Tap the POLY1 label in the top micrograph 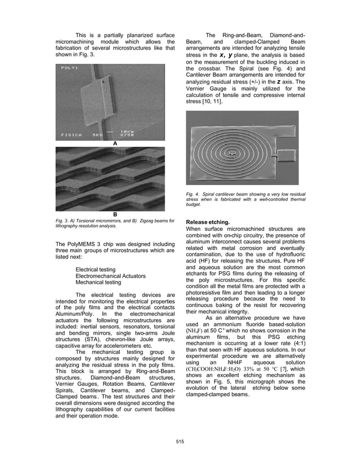(x=69, y=68)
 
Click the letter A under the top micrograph (x=115, y=144)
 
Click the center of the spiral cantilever (x=232, y=152)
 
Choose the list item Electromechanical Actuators (x=111, y=276)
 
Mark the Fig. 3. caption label (x=62, y=219)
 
